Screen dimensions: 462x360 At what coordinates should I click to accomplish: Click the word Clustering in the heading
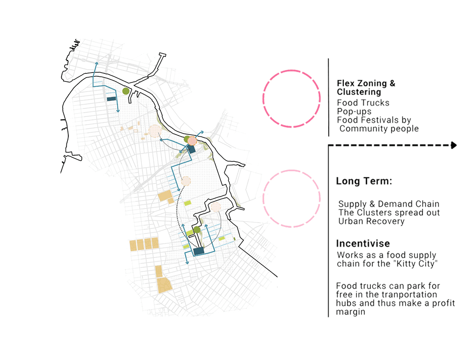tap(359, 92)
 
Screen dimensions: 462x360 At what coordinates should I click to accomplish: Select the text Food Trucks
tap(363, 103)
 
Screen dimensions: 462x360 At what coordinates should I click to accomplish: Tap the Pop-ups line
tap(354, 111)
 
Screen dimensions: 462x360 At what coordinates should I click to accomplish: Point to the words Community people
tap(379, 129)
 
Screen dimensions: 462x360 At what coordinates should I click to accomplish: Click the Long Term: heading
tap(364, 181)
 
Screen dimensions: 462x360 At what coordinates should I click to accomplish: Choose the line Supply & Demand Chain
tap(389, 204)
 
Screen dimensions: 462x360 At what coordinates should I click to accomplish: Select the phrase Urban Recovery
tap(371, 221)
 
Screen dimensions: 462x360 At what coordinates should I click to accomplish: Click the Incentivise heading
tap(363, 244)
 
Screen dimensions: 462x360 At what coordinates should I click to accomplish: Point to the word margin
tap(351, 312)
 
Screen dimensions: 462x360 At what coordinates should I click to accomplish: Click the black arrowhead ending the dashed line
tap(454, 145)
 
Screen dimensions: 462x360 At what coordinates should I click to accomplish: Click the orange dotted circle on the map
tap(192, 141)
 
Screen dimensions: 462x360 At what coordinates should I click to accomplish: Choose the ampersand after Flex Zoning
tap(392, 84)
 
